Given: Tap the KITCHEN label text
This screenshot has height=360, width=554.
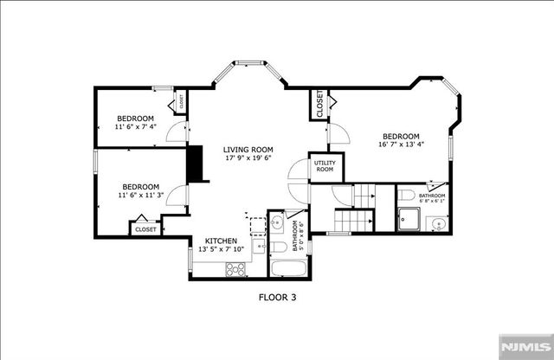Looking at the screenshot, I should tap(221, 240).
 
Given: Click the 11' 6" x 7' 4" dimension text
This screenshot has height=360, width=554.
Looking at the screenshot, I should tap(136, 127).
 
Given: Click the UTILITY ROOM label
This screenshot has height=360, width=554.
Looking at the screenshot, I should tap(325, 166).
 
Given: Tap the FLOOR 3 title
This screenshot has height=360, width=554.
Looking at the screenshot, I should tap(277, 297).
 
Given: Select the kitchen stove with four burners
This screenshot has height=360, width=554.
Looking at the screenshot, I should tap(235, 268).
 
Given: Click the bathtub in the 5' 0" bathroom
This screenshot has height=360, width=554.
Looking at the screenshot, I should tap(287, 269).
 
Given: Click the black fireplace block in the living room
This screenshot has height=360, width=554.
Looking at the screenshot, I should tap(198, 164).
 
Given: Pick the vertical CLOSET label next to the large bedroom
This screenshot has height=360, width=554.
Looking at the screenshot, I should tap(319, 104).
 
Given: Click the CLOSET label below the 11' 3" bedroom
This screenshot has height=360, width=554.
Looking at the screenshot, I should tap(145, 229).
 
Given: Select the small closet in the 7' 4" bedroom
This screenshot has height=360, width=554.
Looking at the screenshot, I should tap(182, 102).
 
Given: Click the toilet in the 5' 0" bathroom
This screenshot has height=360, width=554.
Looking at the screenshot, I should tap(278, 247).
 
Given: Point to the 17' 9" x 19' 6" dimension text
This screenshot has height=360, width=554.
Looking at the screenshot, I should tap(248, 158).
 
